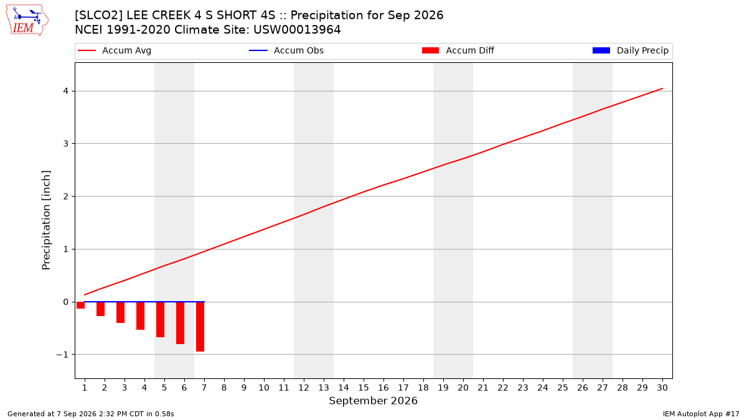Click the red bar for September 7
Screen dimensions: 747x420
[x=200, y=327]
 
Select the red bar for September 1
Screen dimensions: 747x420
[x=80, y=306]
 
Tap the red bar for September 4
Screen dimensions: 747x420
[x=141, y=316]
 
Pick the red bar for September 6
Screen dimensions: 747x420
[x=180, y=323]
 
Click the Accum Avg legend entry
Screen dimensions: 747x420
[x=115, y=50]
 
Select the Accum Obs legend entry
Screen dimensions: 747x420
[x=286, y=50]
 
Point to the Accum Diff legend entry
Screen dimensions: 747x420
[x=458, y=50]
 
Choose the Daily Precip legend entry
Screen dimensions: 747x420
[x=630, y=50]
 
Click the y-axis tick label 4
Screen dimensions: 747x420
[x=66, y=91]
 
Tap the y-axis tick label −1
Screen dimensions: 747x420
[x=62, y=355]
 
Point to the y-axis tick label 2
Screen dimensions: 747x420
[x=66, y=197]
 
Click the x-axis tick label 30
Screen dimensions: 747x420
[x=662, y=388]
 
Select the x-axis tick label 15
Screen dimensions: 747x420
[x=364, y=388]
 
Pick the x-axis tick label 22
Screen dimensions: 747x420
[x=503, y=388]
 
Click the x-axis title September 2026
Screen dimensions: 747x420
[x=373, y=401]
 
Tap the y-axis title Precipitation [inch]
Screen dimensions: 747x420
[x=46, y=220]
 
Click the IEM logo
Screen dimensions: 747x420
[x=27, y=21]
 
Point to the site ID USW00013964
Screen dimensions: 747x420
[x=297, y=30]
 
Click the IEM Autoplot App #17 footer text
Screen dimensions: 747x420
[x=701, y=414]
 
